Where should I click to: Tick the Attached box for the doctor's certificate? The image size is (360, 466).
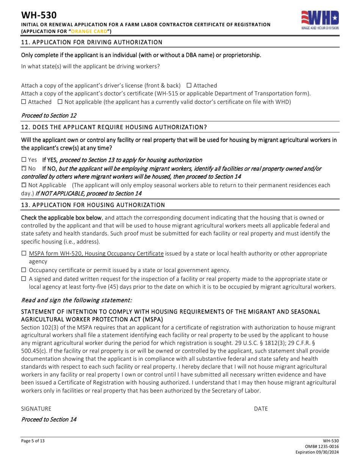23,102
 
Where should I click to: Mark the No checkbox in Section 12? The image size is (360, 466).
23,168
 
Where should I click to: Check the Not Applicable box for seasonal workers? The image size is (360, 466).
23,185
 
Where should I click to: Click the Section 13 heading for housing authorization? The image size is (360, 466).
93,205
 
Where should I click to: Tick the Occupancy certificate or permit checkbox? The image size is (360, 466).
23,270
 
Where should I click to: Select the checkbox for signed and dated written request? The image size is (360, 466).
23,279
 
